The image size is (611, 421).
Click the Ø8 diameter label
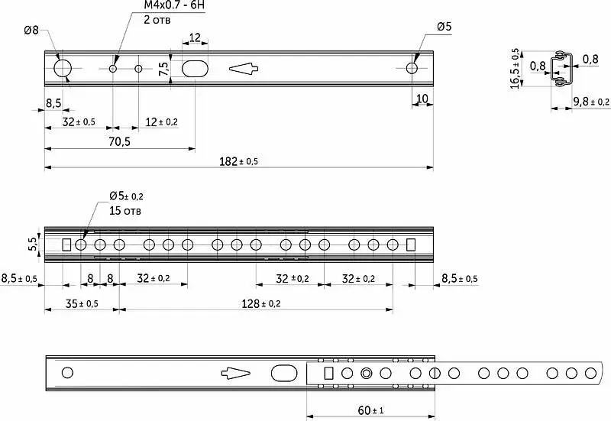point(31,30)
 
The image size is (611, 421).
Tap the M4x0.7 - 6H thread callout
point(174,5)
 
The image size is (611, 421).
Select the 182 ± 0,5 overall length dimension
point(238,161)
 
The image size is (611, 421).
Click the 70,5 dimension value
point(120,141)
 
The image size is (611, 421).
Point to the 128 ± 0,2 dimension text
point(260,303)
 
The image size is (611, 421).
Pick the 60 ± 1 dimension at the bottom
point(370,410)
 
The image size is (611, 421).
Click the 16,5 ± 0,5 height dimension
point(515,69)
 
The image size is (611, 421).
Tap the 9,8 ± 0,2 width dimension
point(591,102)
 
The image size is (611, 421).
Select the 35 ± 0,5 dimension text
point(82,303)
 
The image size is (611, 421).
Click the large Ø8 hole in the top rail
point(63,69)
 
